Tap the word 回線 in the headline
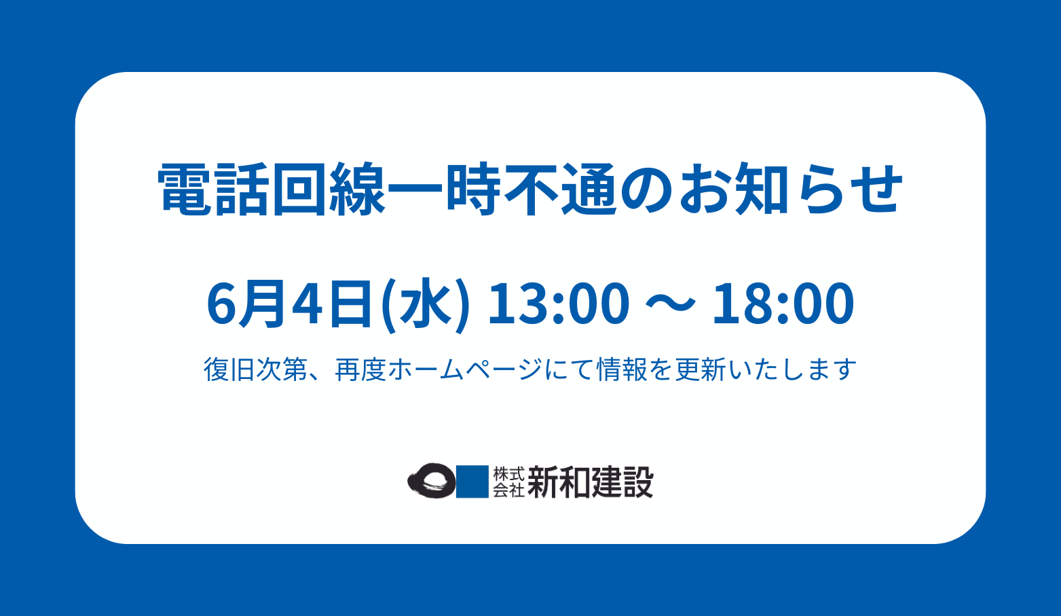(329, 189)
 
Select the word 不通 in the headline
(560, 189)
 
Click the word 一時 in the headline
(445, 189)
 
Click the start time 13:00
(559, 304)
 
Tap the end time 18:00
(783, 304)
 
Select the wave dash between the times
(671, 304)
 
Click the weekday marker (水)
(426, 305)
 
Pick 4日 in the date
(332, 304)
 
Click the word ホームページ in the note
(464, 369)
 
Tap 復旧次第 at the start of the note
(256, 369)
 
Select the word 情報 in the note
(622, 369)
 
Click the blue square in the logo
(472, 482)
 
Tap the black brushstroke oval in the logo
(432, 480)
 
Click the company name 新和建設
(591, 482)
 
